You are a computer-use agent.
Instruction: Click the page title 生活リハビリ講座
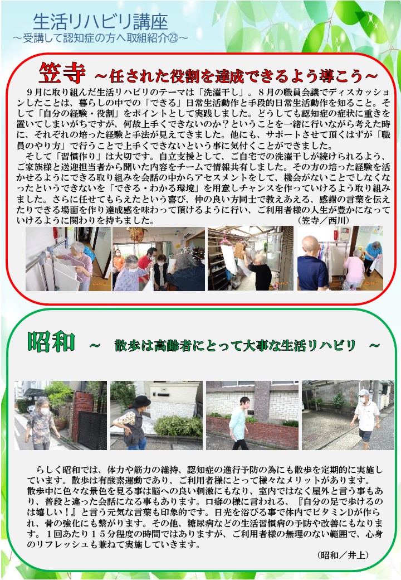pyautogui.click(x=100, y=22)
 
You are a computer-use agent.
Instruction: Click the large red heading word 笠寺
pyautogui.click(x=62, y=73)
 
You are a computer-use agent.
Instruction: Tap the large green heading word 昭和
pyautogui.click(x=51, y=342)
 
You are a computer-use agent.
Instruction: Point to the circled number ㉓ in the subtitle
pyautogui.click(x=173, y=38)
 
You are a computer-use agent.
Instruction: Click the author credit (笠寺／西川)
pyautogui.click(x=324, y=220)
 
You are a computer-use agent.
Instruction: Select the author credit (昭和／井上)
pyautogui.click(x=344, y=555)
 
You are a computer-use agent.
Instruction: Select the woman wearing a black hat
pyautogui.click(x=133, y=422)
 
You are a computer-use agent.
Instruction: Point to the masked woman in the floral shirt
pyautogui.click(x=40, y=423)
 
